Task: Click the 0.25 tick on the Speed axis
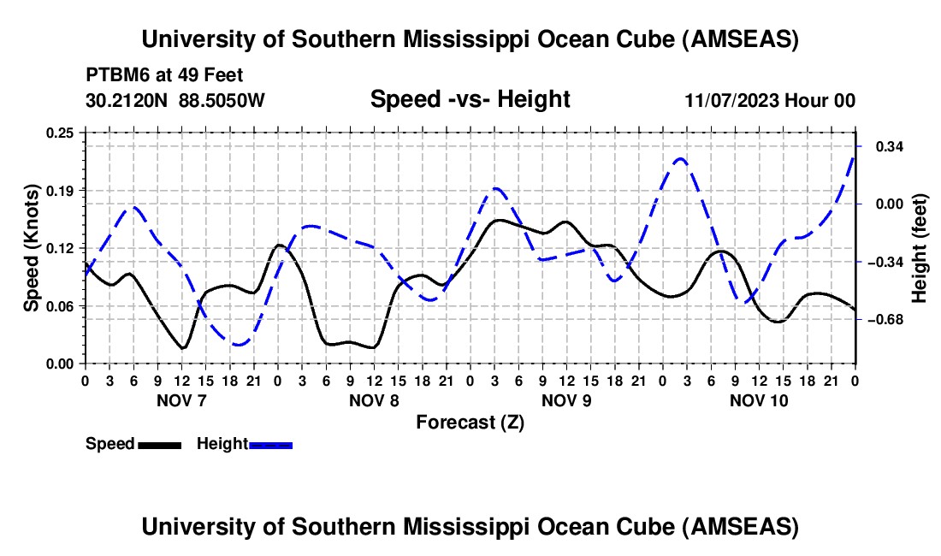pyautogui.click(x=62, y=133)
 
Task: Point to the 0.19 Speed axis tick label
pyautogui.click(x=62, y=190)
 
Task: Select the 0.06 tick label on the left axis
pyautogui.click(x=62, y=305)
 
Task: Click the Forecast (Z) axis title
pyautogui.click(x=470, y=422)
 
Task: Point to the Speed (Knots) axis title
pyautogui.click(x=31, y=247)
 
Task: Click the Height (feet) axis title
pyautogui.click(x=920, y=247)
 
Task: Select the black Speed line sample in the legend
pyautogui.click(x=158, y=444)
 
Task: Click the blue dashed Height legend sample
pyautogui.click(x=270, y=444)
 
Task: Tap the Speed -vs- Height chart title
pyautogui.click(x=470, y=99)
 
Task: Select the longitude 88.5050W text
pyautogui.click(x=222, y=100)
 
